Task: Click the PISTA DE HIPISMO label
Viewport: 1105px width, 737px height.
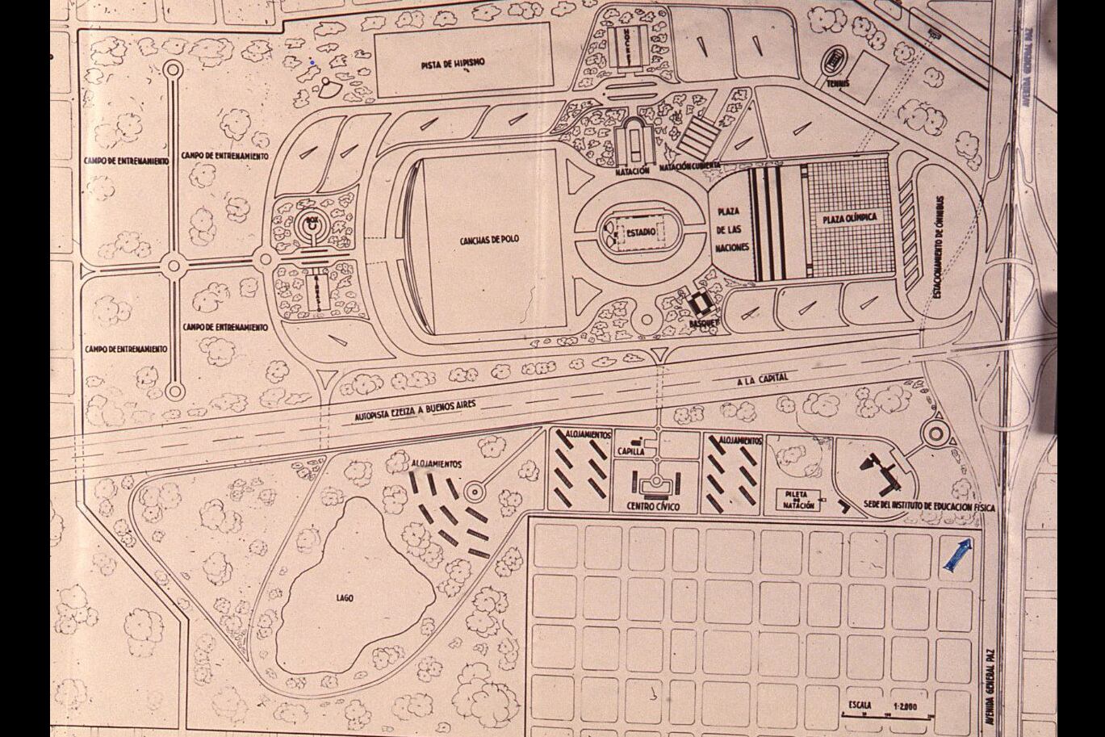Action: pyautogui.click(x=453, y=64)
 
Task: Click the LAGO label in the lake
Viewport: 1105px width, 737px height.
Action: pyautogui.click(x=345, y=598)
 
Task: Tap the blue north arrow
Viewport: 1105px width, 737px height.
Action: pyautogui.click(x=957, y=557)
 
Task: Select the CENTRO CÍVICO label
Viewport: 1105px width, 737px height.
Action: pyautogui.click(x=653, y=506)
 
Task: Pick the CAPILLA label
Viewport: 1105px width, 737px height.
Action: pyautogui.click(x=630, y=452)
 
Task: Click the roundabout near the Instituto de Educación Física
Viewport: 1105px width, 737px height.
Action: pyautogui.click(x=936, y=435)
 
